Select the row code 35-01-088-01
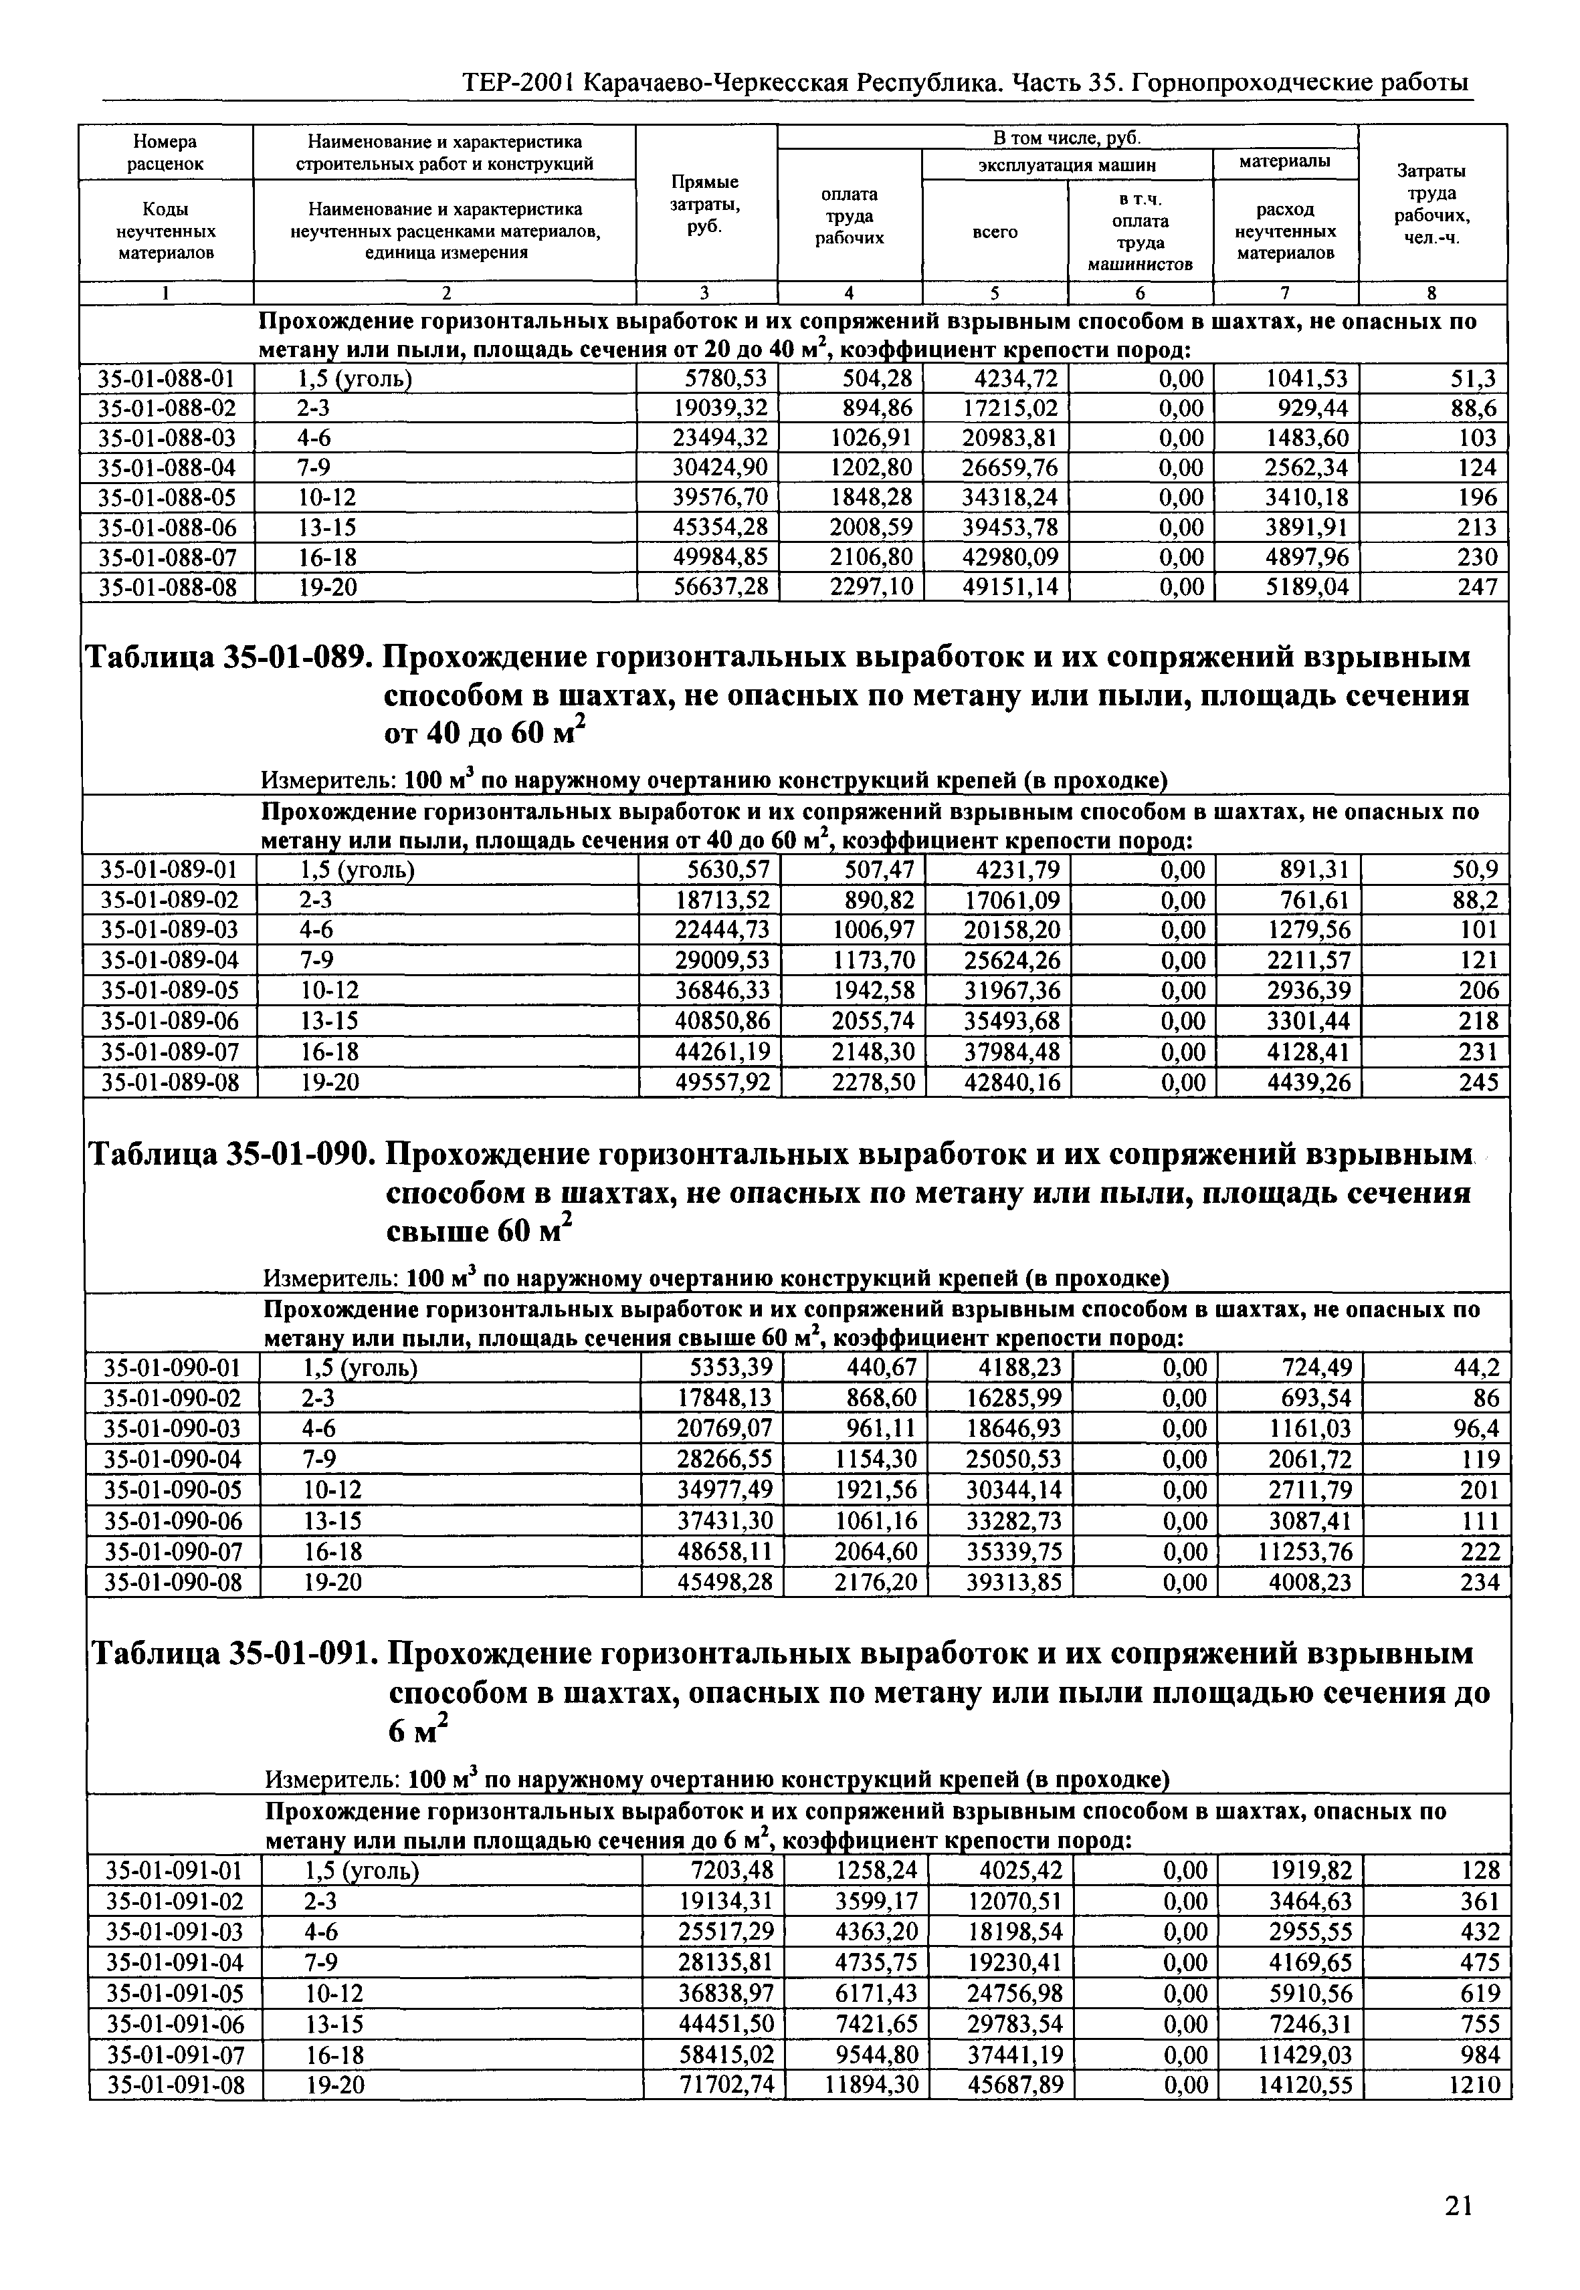167,379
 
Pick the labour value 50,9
1474,871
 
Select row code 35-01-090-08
173,1583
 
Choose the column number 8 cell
1431,293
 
